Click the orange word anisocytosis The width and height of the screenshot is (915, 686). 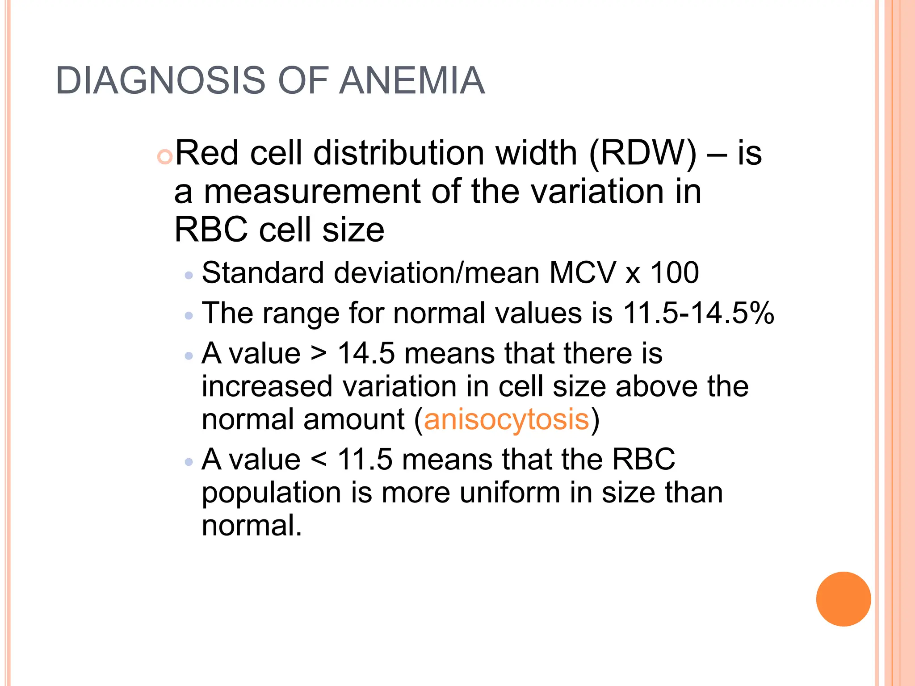(506, 419)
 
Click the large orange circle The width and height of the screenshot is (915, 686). (843, 599)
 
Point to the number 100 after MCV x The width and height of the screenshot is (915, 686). (674, 272)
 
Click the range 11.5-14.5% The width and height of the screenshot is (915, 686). (698, 313)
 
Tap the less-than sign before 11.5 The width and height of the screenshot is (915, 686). (319, 460)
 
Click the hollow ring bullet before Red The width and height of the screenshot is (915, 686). (165, 157)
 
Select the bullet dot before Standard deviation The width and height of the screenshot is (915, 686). (189, 276)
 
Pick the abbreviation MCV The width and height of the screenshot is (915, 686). (582, 272)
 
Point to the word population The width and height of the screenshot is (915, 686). (271, 494)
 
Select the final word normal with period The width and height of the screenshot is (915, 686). (252, 525)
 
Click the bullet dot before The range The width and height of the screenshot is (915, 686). (189, 316)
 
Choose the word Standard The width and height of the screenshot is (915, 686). (263, 272)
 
